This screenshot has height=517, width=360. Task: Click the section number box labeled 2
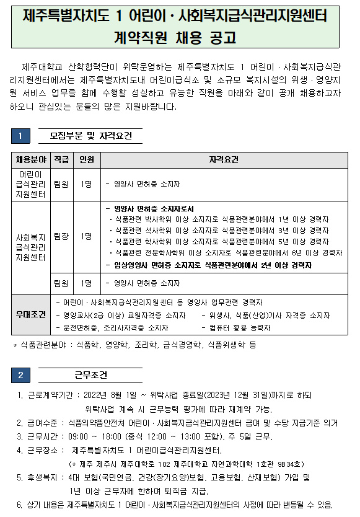point(20,375)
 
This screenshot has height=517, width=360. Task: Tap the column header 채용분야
point(31,160)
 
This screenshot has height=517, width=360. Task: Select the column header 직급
point(61,160)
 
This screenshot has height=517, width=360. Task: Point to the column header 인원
point(86,160)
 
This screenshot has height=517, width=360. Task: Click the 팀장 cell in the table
point(61,236)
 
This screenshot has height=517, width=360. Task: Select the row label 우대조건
point(31,314)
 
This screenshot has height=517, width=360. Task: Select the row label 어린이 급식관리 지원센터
point(31,184)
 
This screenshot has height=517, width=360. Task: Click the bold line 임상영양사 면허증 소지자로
point(208,265)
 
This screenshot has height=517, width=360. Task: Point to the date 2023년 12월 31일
point(247,395)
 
